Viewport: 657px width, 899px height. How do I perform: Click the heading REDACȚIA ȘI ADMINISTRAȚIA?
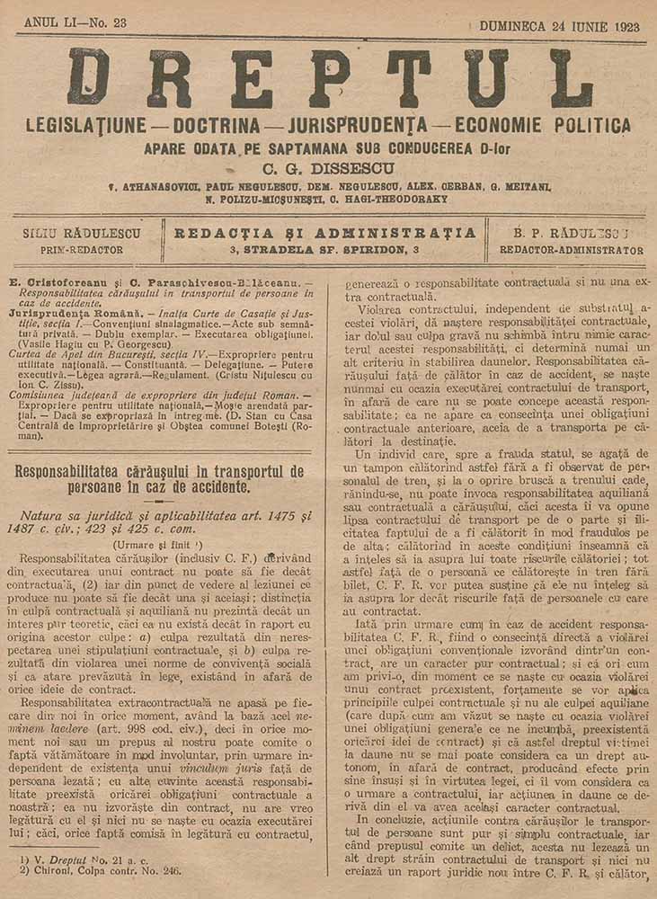[x=324, y=232]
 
